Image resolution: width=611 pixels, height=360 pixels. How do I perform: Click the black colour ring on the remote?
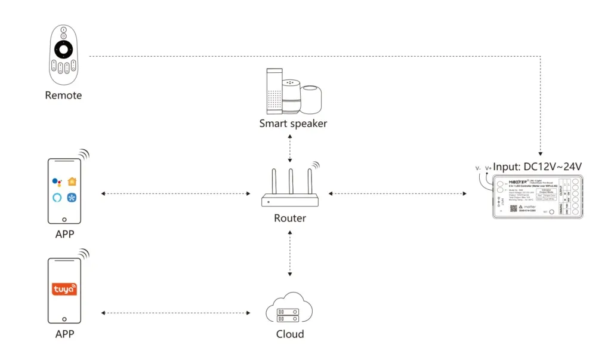pos(64,48)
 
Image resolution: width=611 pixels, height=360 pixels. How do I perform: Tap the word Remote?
pos(63,95)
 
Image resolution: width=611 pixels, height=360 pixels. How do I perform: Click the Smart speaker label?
pos(293,124)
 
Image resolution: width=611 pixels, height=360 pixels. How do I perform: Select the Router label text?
pos(290,218)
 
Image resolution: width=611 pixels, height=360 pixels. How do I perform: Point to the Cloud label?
pos(290,334)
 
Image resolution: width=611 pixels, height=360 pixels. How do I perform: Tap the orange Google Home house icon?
pos(72,181)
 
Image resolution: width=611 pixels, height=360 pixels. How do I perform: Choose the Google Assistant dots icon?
pos(57,182)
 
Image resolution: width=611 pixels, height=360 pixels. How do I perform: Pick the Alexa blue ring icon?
pos(57,198)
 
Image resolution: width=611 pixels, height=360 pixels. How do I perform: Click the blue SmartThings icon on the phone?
pos(72,198)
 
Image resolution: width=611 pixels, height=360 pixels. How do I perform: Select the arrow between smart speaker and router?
pos(290,148)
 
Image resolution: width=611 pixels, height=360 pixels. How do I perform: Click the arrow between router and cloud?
pos(290,254)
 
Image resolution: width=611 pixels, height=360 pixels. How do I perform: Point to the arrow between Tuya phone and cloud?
pos(176,312)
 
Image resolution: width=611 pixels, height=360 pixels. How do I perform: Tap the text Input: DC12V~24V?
pos(537,166)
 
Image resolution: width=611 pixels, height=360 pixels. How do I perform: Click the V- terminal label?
pos(477,168)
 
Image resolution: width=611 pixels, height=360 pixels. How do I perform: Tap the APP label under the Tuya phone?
pos(64,334)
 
